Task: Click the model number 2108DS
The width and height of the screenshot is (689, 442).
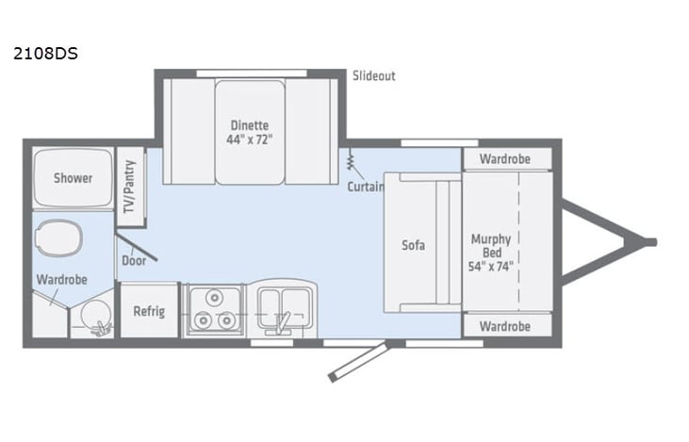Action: click(45, 54)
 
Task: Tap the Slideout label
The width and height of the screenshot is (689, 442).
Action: click(374, 76)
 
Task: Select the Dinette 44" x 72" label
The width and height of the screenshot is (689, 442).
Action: click(250, 132)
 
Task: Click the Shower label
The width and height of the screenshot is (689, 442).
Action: click(73, 177)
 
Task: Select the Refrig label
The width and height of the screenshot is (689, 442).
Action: click(149, 312)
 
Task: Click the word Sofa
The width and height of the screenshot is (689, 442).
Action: click(413, 245)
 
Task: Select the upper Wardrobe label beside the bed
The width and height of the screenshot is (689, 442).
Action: click(504, 158)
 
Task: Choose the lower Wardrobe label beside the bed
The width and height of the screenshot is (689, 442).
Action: click(504, 326)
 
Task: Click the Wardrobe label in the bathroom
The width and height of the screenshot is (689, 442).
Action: click(62, 280)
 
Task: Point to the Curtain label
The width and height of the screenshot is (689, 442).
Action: click(365, 186)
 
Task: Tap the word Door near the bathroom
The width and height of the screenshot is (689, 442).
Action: click(133, 261)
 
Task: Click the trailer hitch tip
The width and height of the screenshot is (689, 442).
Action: click(649, 242)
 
